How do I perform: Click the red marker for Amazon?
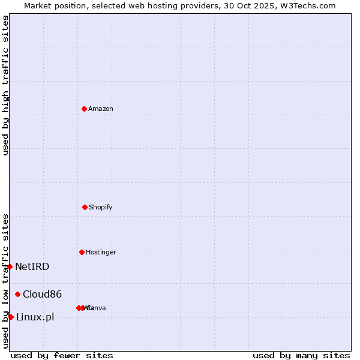click(x=84, y=109)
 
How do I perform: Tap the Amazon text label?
click(x=100, y=109)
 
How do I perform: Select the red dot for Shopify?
click(x=85, y=207)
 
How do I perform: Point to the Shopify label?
click(x=100, y=207)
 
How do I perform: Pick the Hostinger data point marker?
click(x=82, y=252)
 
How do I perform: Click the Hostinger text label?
click(x=101, y=252)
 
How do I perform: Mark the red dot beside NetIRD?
click(x=10, y=266)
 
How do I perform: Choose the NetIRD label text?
click(x=32, y=266)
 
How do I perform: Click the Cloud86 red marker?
click(x=18, y=294)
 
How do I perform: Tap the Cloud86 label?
click(x=42, y=294)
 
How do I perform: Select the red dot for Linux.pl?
click(x=11, y=317)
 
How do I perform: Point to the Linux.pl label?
click(x=35, y=317)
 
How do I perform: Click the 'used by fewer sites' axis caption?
click(x=62, y=355)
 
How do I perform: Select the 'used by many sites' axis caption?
click(x=301, y=355)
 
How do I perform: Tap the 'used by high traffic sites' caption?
click(x=5, y=85)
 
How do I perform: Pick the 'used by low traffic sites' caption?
click(x=5, y=281)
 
